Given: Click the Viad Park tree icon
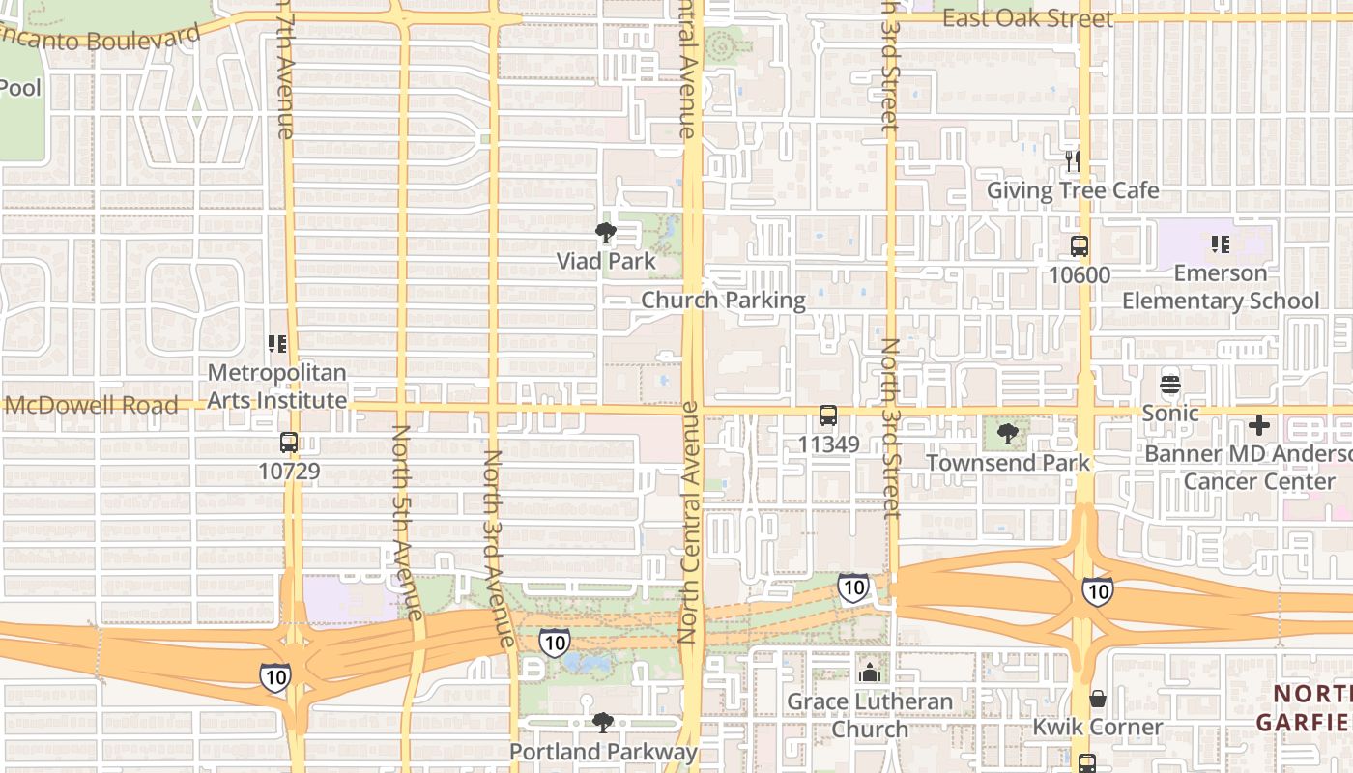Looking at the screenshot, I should [x=606, y=233].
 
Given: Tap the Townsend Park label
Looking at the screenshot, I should [x=1008, y=462].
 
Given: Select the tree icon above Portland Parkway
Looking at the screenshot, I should [x=602, y=722].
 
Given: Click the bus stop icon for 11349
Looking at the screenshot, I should [x=828, y=415].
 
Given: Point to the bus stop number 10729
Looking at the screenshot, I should [x=289, y=472].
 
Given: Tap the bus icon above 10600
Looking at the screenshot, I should [x=1080, y=246].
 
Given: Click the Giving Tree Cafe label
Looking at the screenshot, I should [x=1072, y=190].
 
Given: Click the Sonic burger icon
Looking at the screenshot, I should [x=1170, y=384].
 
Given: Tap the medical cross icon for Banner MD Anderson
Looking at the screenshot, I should [x=1258, y=424].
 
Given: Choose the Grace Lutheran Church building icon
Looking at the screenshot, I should [x=869, y=672].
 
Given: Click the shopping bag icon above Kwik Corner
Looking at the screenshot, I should [x=1098, y=698].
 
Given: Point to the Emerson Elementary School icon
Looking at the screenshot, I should [x=1220, y=243].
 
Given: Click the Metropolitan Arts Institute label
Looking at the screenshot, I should [x=277, y=386].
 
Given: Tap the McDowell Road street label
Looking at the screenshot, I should [x=91, y=405].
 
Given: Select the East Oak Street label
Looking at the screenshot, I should [x=1027, y=18].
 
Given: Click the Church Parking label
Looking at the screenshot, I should [x=723, y=301].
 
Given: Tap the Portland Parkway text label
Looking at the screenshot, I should [x=603, y=752].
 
